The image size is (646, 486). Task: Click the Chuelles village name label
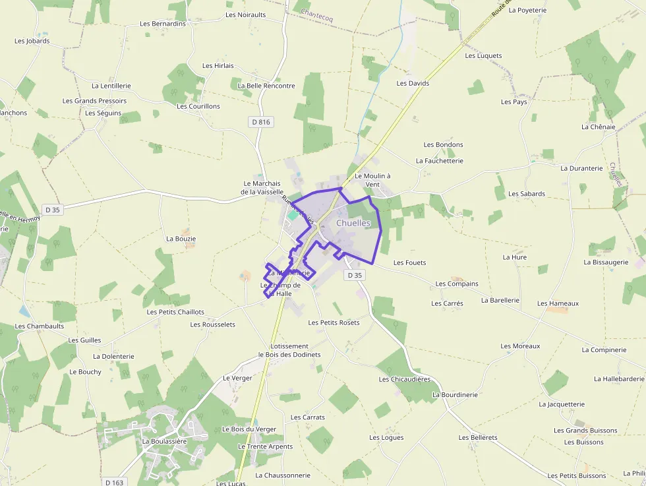pos(353,224)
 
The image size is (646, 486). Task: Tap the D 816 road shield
pos(261,122)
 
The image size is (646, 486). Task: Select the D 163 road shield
pos(114,482)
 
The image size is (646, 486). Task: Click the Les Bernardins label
pos(163,24)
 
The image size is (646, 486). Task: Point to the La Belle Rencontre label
pos(266,86)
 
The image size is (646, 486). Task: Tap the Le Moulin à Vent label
pos(372,180)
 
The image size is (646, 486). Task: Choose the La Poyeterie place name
pos(533,11)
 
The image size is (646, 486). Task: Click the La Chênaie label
pos(598,127)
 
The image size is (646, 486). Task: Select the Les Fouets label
pos(409,262)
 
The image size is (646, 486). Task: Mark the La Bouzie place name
pos(181,239)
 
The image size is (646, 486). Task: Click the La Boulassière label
pos(165,441)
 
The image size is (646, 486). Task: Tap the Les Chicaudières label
pos(404,379)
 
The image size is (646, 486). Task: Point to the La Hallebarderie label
pos(619,379)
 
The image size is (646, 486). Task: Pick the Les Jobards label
pos(32,41)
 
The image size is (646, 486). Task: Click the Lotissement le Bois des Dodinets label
pos(289,350)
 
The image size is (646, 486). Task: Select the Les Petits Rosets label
pos(334,322)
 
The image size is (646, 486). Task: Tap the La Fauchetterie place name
pos(439,160)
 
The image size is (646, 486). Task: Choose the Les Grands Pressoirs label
pos(94,101)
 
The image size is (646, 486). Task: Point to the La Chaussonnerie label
pos(282,475)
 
